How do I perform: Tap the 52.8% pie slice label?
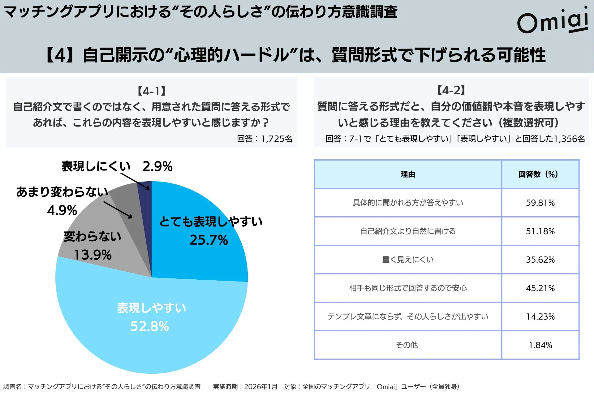pos(150,326)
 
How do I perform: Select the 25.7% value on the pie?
pos(209,240)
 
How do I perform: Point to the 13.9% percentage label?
pos(93,255)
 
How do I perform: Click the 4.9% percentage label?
pos(62,210)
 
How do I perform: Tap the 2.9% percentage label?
pos(157,166)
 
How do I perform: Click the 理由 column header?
pos(408,174)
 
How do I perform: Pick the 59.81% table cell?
pos(540,203)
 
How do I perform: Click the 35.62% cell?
pos(540,260)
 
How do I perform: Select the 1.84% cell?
pos(540,345)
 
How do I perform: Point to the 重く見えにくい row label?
pos(408,260)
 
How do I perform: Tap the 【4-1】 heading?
pos(152,91)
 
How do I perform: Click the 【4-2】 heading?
pos(451,90)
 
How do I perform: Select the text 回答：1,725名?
pos(265,139)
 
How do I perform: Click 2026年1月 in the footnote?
pos(261,386)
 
